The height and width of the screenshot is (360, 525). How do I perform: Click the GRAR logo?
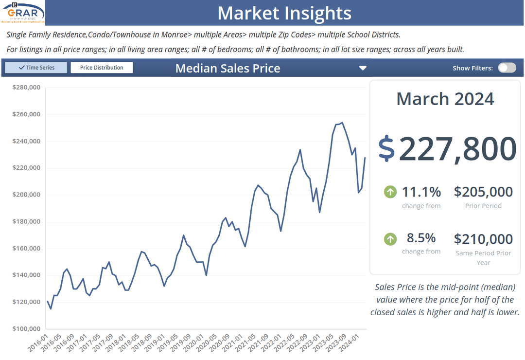(x=23, y=13)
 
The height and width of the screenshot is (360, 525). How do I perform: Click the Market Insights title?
(x=284, y=13)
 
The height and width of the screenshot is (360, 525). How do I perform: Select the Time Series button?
(x=36, y=68)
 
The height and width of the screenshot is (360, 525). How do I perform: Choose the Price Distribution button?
(x=102, y=68)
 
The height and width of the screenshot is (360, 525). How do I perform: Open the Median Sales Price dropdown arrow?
(x=363, y=68)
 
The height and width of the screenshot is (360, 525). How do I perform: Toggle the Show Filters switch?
(x=507, y=68)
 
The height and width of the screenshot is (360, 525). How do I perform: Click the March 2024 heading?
(x=445, y=99)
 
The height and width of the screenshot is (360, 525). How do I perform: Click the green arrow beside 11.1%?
(x=390, y=192)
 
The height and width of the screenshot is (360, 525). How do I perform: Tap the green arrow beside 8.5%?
(x=390, y=239)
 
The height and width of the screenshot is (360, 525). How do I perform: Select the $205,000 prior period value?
(x=483, y=192)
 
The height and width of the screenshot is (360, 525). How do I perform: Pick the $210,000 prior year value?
(x=483, y=239)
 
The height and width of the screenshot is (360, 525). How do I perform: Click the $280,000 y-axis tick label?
(x=26, y=88)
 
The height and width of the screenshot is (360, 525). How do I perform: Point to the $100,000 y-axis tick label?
(x=26, y=328)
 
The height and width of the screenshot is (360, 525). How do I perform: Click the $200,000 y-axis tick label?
(x=26, y=195)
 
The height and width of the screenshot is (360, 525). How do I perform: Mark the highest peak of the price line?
(x=342, y=123)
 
